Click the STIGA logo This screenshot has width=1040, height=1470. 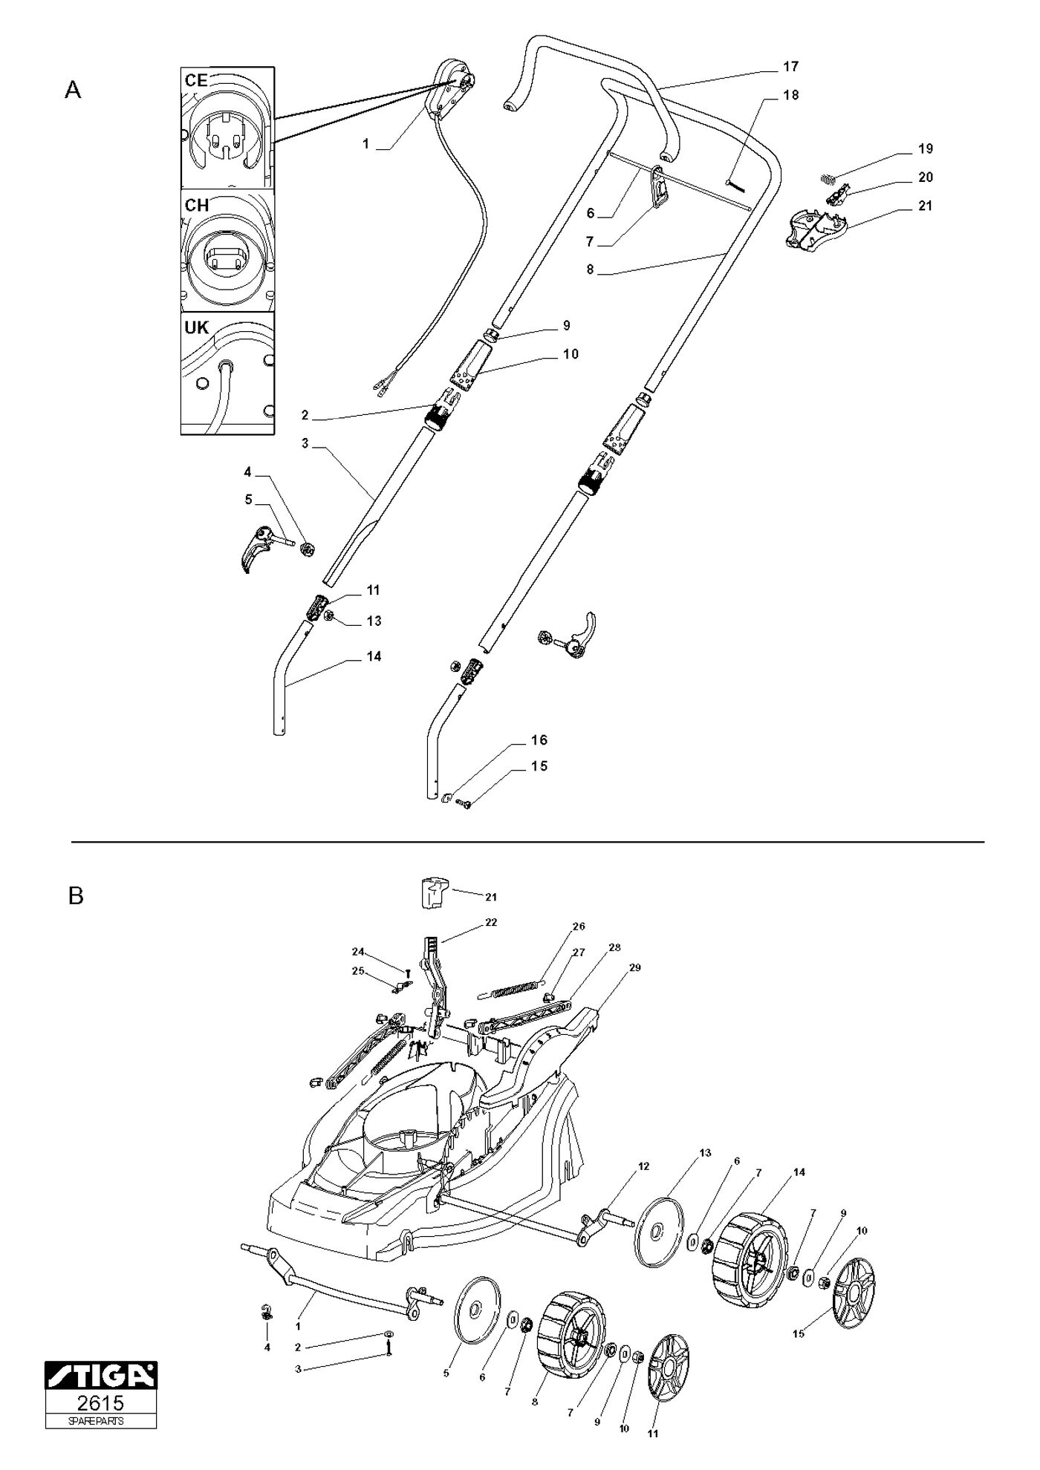tap(101, 1375)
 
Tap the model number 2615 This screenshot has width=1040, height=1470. tap(101, 1402)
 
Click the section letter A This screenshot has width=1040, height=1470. tap(73, 90)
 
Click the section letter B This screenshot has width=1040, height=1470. tap(76, 896)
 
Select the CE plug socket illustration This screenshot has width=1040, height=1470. tap(227, 127)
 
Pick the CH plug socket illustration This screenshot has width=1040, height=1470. tap(227, 250)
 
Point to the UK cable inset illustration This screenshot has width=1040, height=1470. tap(227, 373)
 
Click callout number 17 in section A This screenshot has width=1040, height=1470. tap(790, 67)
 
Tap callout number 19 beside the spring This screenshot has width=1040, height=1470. tap(925, 149)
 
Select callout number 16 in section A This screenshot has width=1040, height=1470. tap(539, 740)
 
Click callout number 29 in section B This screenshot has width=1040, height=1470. tap(634, 968)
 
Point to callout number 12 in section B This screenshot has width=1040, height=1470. tap(643, 1166)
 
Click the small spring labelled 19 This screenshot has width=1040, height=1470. tap(830, 177)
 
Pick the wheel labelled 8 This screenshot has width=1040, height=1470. tap(571, 1342)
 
